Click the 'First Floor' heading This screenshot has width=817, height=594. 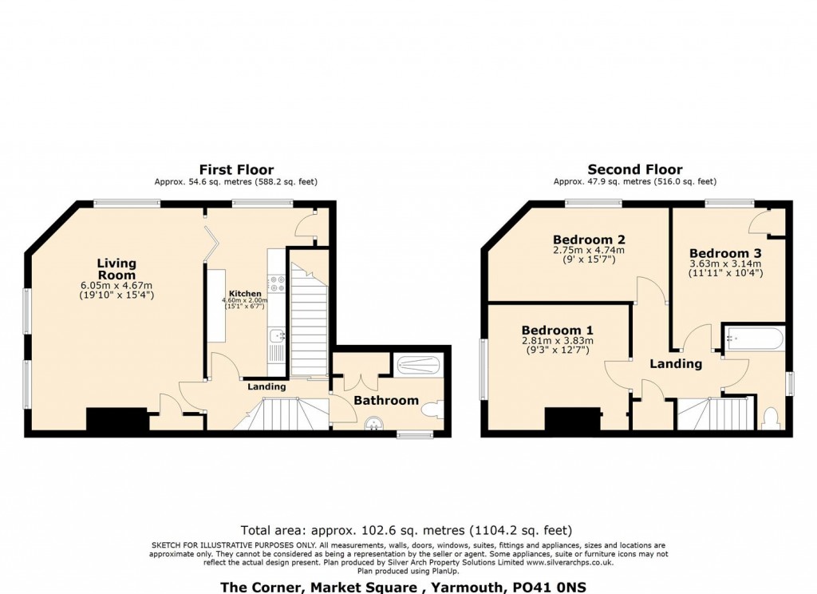(236, 169)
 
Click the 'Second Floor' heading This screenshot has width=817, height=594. (635, 169)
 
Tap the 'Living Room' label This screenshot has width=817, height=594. (116, 268)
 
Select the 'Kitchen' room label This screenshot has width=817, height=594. (245, 294)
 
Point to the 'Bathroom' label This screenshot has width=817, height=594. (386, 400)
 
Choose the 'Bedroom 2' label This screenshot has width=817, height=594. (589, 239)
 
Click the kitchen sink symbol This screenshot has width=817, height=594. (277, 336)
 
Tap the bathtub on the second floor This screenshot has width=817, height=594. (753, 339)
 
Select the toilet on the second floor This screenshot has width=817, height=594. (771, 418)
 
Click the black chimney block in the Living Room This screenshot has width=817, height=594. (117, 420)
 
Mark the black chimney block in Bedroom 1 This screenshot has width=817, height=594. (572, 420)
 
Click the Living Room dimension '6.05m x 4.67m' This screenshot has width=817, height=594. (116, 285)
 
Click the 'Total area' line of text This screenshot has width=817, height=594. (406, 530)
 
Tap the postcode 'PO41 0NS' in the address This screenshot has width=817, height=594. (547, 587)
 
